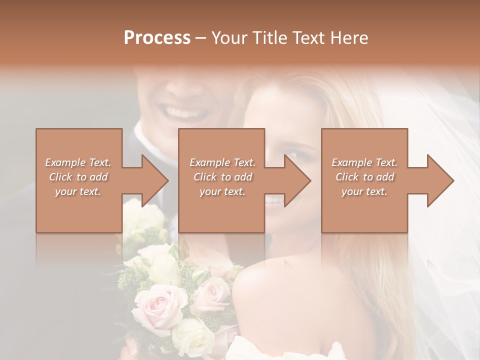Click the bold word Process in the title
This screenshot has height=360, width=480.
157,38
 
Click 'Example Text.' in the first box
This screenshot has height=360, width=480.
78,162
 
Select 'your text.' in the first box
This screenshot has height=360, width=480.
78,191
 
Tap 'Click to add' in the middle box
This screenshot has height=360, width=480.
222,177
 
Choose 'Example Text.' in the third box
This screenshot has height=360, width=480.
364,162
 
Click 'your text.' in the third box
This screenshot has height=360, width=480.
364,191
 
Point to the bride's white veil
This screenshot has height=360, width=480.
430,150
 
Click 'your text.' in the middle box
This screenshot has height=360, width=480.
222,191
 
